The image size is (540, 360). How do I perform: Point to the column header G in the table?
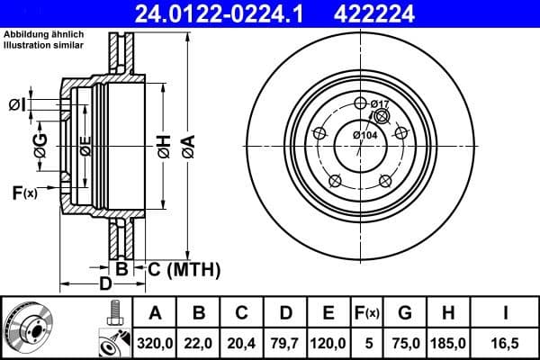point(405,312)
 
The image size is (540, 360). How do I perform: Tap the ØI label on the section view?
point(16,105)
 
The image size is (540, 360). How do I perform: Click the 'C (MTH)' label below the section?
point(185,268)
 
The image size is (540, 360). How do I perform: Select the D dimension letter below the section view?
point(105,284)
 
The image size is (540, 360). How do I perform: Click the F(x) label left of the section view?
point(24,192)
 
